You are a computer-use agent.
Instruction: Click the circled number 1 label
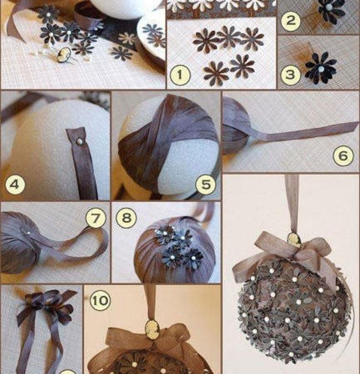point(180,75)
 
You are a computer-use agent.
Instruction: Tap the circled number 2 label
point(290,20)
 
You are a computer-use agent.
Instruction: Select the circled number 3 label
point(290,75)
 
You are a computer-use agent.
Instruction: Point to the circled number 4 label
point(15,184)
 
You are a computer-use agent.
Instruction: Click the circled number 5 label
point(206,184)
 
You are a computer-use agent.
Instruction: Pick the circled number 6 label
point(343,156)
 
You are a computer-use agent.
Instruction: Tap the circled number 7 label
point(95,218)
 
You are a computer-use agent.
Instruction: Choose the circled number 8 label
point(126,218)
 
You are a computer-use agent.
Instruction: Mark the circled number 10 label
point(100,300)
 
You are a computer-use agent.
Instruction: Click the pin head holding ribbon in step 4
point(80,142)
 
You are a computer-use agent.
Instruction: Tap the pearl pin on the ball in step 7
point(29,232)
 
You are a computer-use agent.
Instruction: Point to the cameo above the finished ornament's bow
point(293,240)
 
